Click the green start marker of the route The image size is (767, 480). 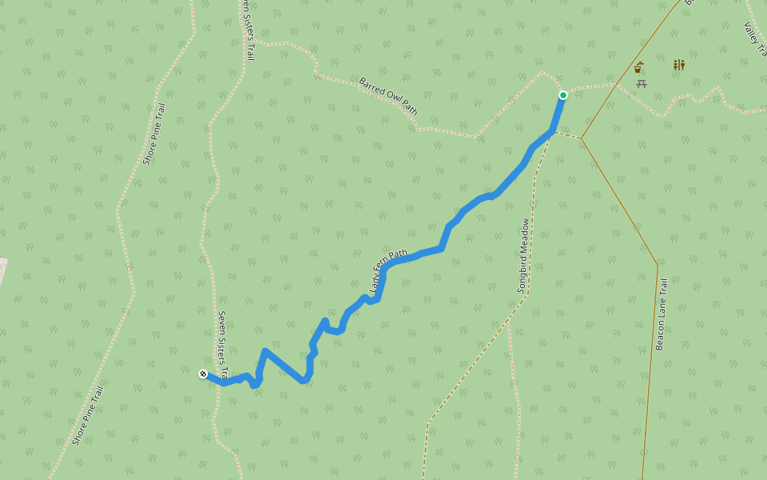563,95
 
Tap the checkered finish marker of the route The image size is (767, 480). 203,373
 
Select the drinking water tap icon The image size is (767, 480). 639,67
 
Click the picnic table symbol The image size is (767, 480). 642,83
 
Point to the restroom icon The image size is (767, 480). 678,65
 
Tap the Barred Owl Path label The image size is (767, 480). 388,96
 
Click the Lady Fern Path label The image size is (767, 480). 387,270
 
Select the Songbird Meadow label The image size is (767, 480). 524,255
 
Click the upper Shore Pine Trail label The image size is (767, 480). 153,134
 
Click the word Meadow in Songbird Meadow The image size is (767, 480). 524,238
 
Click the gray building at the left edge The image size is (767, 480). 2,272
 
